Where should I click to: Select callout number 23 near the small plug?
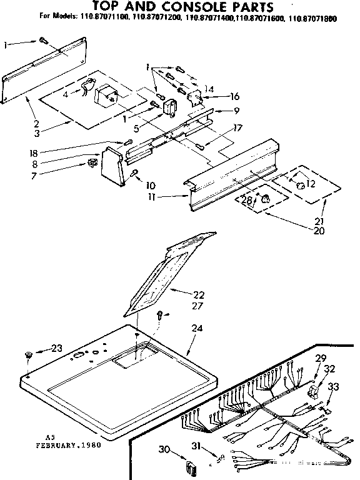[57, 348]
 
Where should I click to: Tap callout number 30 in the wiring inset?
[164, 448]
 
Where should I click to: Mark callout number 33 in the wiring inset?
[333, 387]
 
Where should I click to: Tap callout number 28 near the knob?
[247, 200]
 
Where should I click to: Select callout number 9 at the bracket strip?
[219, 111]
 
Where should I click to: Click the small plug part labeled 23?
[29, 356]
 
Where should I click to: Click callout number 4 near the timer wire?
[65, 96]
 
